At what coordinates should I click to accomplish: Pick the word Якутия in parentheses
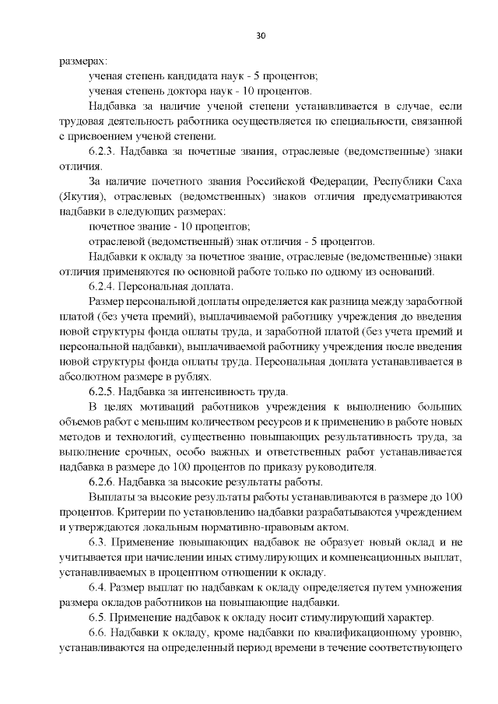(79, 197)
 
